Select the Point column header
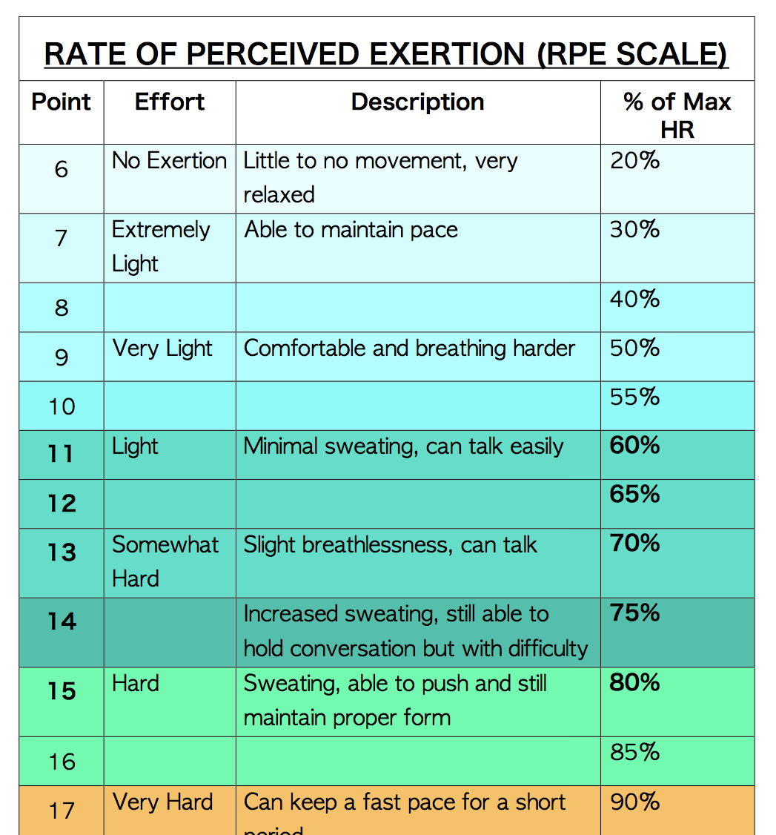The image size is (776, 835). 62,102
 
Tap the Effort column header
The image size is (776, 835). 170,102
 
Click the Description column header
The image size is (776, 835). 417,102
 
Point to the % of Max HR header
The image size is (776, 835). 677,115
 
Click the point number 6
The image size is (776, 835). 62,169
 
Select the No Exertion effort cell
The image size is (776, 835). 170,161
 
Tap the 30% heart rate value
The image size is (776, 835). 634,230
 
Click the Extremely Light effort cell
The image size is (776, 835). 161,246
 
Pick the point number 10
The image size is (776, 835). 62,406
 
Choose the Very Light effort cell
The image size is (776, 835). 162,349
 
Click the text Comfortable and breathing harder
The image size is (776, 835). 409,349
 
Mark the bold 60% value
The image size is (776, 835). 634,446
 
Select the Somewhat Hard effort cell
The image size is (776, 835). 165,561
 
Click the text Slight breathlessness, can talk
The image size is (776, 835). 390,545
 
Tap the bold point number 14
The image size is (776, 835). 62,621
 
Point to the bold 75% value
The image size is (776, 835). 634,613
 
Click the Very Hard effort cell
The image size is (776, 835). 162,802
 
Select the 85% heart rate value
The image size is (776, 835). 634,753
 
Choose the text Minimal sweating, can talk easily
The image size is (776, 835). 403,446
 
